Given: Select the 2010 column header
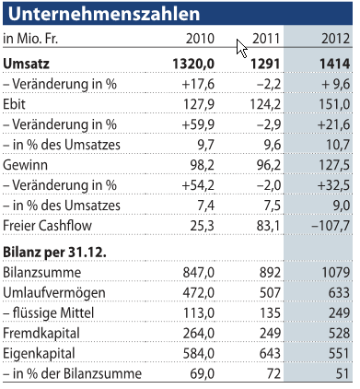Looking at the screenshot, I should coord(201,40).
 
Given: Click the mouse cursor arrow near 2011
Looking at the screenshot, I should coord(239,48).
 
